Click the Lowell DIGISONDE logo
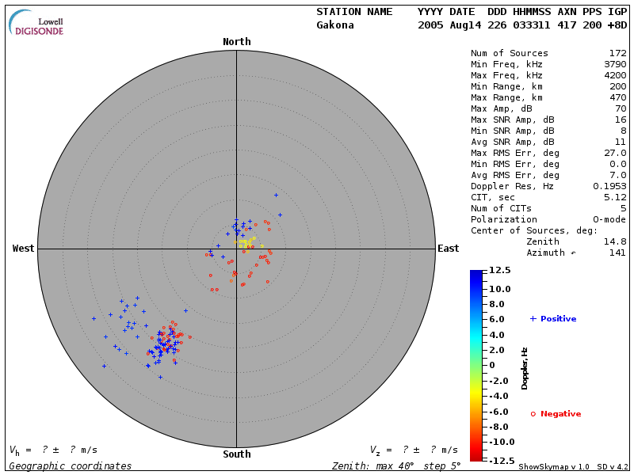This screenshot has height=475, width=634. (38, 23)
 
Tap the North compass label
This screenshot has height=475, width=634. (236, 42)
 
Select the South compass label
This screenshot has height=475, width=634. (236, 454)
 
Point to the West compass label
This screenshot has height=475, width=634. (24, 249)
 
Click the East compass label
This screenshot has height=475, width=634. (449, 249)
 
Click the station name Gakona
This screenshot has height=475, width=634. (335, 25)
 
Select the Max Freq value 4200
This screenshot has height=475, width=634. (613, 75)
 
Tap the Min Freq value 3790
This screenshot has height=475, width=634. (613, 64)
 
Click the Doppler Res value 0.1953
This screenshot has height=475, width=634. (609, 186)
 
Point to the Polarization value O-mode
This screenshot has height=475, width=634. (607, 219)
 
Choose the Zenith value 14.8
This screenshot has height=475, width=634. (615, 241)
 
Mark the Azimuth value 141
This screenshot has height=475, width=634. (617, 253)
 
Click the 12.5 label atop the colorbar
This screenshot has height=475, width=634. (499, 271)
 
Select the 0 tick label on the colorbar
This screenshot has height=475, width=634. (492, 365)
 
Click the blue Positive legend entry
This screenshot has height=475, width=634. (553, 319)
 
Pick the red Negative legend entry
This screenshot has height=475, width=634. (556, 414)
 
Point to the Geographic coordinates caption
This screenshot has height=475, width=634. (71, 466)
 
